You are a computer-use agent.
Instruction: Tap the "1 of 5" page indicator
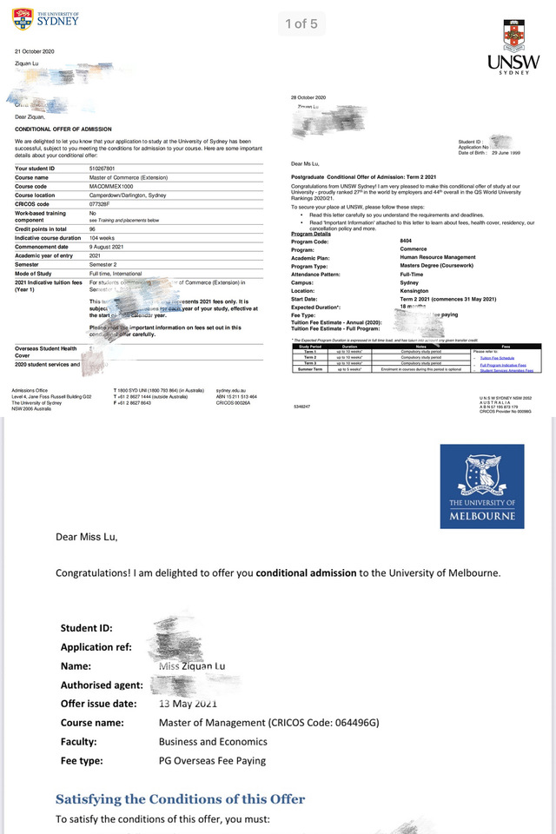301,23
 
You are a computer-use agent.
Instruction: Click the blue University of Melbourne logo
481,486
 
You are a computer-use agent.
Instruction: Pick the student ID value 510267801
106,168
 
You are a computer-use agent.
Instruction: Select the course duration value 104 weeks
103,237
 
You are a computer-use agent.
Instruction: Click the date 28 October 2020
308,97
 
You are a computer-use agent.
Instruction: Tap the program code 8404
405,240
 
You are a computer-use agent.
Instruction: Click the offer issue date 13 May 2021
189,704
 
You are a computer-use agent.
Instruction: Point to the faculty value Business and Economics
212,742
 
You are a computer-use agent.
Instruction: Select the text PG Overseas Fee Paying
212,761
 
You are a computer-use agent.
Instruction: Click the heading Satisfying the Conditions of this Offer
180,799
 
